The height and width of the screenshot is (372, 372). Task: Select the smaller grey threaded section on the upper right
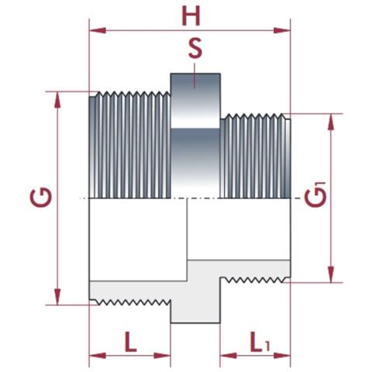coord(256,155)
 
